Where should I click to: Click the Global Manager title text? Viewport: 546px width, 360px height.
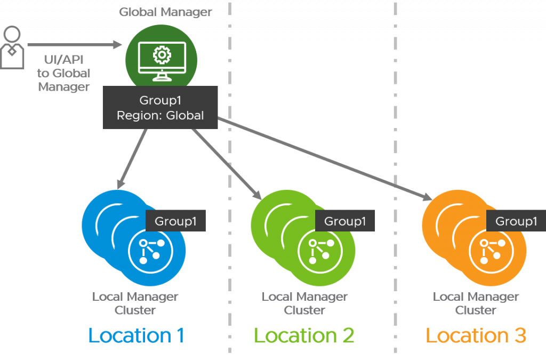(165, 12)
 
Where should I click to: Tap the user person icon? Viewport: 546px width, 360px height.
(12, 47)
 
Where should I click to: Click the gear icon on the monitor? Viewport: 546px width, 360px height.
(162, 55)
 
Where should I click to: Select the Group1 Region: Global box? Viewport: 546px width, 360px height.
(160, 108)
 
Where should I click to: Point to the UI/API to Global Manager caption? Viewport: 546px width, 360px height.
(64, 73)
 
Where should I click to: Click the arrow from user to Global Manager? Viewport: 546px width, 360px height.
(75, 45)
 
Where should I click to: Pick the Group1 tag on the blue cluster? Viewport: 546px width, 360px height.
(175, 221)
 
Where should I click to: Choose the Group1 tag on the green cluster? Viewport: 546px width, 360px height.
(345, 221)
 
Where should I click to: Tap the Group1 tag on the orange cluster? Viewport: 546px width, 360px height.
(516, 221)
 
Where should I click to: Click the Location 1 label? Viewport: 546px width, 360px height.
(136, 335)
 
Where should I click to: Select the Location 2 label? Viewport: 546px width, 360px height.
(304, 335)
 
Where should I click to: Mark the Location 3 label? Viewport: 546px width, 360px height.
(476, 335)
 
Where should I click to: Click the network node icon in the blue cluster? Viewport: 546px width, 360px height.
(150, 251)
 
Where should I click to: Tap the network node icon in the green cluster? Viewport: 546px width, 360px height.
(320, 251)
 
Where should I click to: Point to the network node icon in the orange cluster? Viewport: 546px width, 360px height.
(491, 251)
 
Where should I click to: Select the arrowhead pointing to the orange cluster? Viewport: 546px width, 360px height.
(427, 197)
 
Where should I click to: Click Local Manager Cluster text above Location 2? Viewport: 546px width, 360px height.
(304, 303)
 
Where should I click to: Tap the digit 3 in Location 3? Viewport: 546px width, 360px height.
(520, 335)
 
